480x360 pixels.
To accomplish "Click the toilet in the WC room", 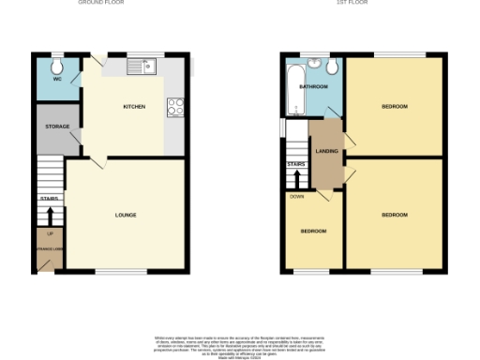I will click(x=58, y=65).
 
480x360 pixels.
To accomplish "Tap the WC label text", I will click(x=56, y=80).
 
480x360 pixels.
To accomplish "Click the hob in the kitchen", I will click(x=174, y=107).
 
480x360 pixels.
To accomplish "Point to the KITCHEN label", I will click(x=134, y=107).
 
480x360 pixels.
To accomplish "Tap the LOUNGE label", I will click(x=126, y=215).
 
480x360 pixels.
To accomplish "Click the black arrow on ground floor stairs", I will click(x=50, y=215).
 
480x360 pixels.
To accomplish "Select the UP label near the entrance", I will click(x=49, y=233).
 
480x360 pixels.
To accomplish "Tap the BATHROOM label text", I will click(x=312, y=86).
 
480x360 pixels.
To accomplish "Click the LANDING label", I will click(x=327, y=150).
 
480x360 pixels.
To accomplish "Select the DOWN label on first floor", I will click(x=296, y=197).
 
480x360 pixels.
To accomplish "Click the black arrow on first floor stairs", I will click(x=295, y=179).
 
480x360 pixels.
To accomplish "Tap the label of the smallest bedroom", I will click(x=313, y=231).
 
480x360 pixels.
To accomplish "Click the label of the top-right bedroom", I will click(x=395, y=107).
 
